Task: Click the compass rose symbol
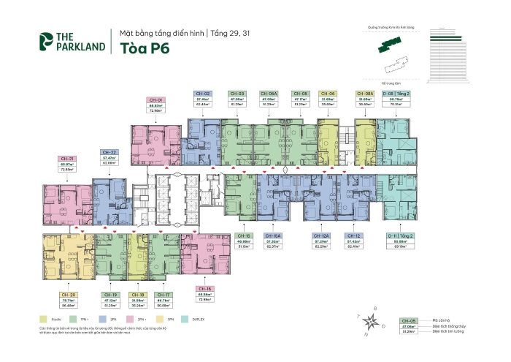coord(374,320)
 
